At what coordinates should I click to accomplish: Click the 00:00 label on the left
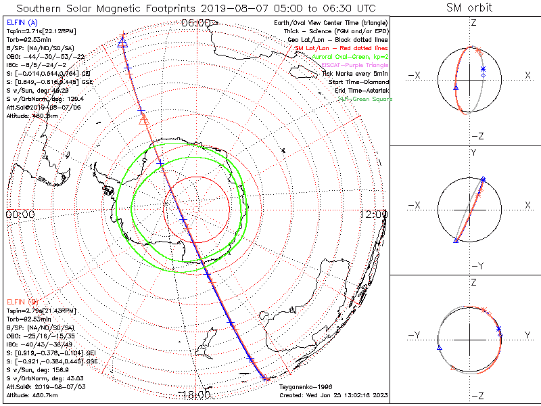pyautogui.click(x=20, y=214)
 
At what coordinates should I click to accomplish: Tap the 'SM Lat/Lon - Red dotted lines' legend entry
pyautogui.click(x=341, y=49)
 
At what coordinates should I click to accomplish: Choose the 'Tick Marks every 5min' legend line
pyautogui.click(x=355, y=73)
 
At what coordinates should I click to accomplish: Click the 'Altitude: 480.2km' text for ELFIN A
pyautogui.click(x=32, y=115)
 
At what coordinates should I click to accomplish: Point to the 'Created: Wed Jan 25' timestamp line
pyautogui.click(x=333, y=394)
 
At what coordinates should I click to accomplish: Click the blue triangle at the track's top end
pyautogui.click(x=122, y=43)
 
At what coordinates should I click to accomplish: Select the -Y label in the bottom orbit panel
pyautogui.click(x=413, y=335)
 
